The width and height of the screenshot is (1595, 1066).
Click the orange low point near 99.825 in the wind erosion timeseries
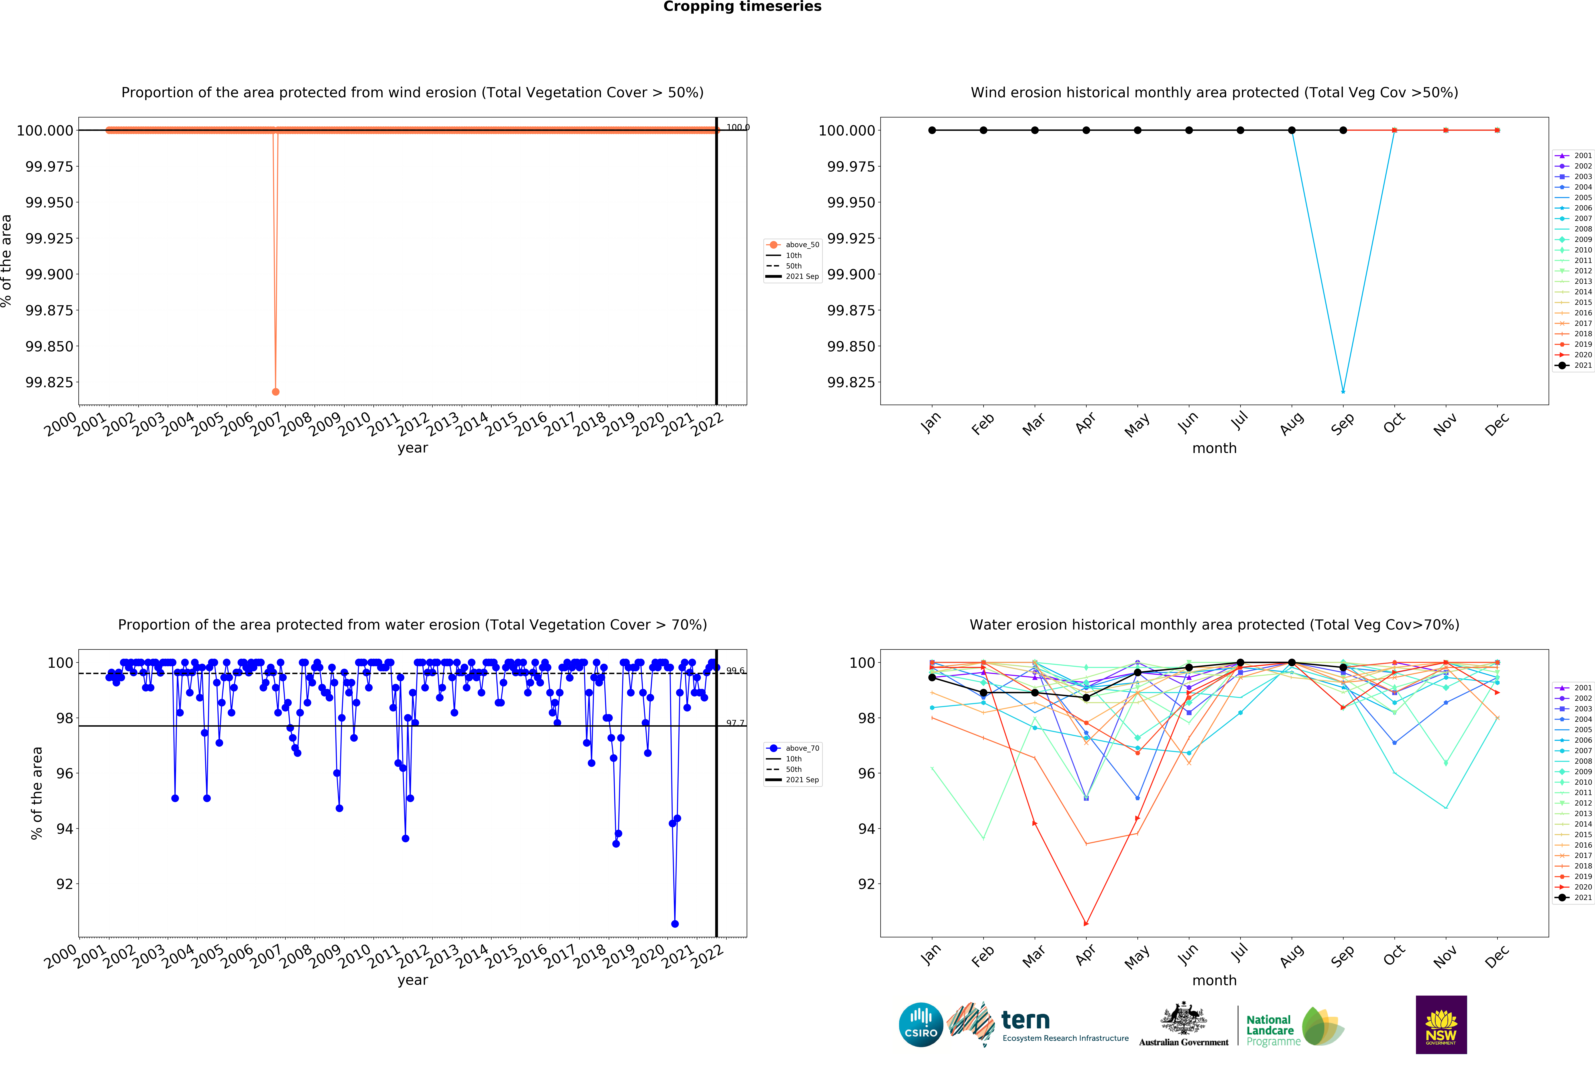pos(275,392)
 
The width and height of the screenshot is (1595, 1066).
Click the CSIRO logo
pos(921,1024)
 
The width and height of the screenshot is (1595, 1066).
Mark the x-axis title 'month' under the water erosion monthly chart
pos(1214,980)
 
